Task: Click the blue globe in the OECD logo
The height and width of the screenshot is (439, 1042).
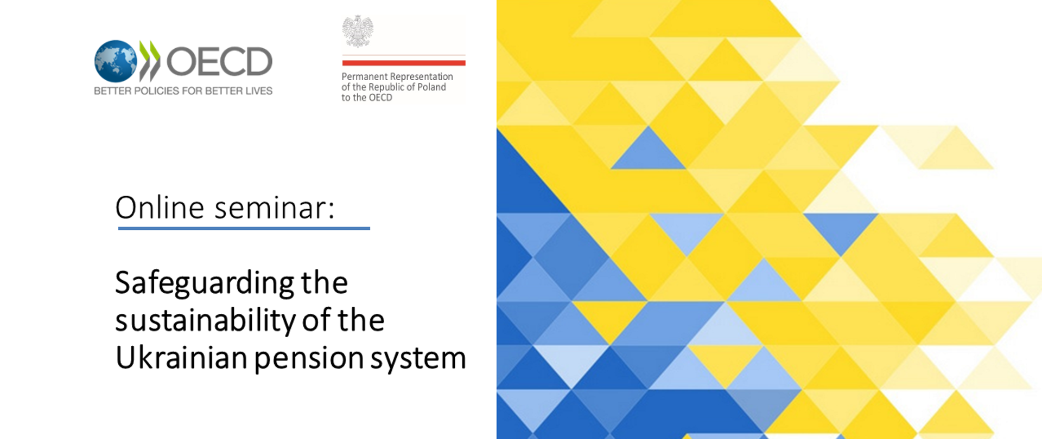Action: (116, 61)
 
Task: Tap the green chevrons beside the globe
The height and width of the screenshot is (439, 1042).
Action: (150, 61)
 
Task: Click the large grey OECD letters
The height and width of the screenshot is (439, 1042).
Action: (219, 61)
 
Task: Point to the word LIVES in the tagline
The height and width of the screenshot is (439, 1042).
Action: (259, 91)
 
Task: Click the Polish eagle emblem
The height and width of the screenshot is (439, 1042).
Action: (358, 31)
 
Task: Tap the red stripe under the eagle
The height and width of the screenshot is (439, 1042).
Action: (404, 63)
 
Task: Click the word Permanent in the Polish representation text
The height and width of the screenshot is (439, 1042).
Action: (364, 77)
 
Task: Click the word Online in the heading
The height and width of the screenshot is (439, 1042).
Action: (160, 208)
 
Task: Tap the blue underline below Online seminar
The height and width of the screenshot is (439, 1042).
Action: (244, 228)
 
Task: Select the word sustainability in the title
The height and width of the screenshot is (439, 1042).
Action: (205, 320)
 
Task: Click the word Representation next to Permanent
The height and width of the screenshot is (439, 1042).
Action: (421, 77)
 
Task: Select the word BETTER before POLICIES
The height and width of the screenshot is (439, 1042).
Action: (112, 91)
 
